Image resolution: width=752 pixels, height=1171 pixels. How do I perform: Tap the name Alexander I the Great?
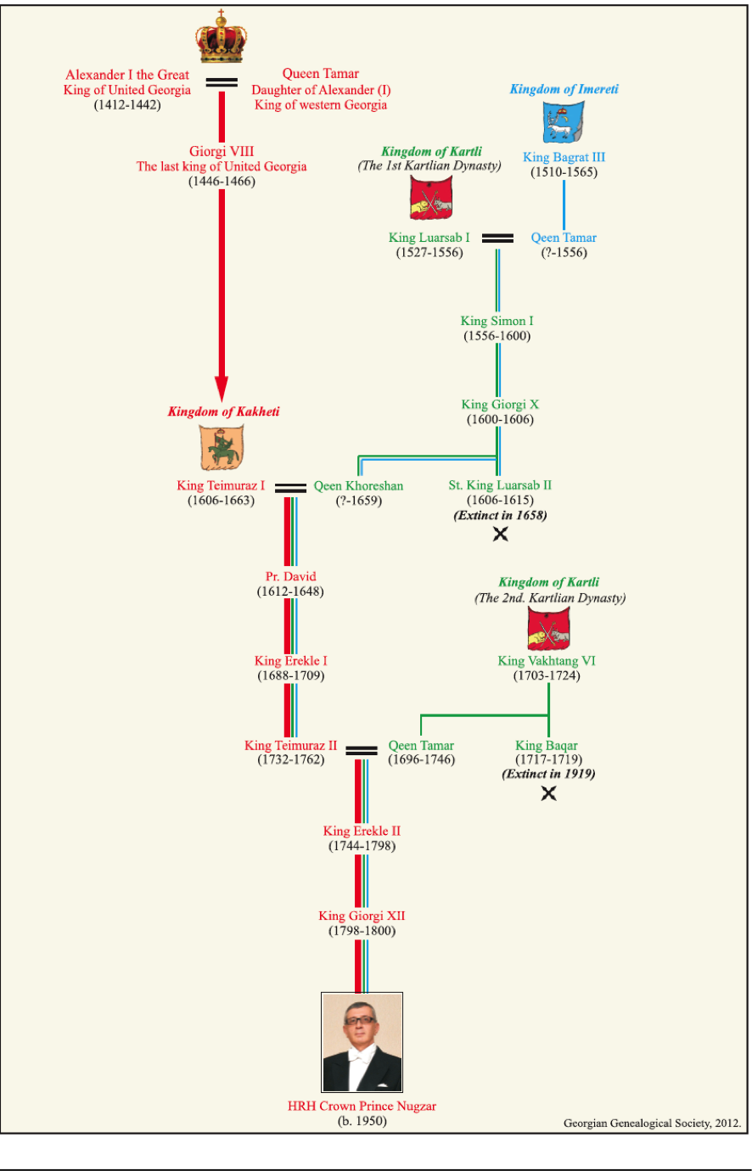click(127, 75)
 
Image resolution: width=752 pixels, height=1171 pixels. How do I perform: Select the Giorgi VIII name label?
click(222, 151)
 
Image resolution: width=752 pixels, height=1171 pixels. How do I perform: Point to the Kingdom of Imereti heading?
click(564, 89)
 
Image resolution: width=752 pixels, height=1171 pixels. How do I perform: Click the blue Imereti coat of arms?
click(564, 122)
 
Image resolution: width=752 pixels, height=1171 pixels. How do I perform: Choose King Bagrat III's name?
click(564, 157)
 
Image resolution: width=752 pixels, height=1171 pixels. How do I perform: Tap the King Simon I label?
click(497, 321)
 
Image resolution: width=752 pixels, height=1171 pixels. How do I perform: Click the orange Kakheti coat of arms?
click(222, 447)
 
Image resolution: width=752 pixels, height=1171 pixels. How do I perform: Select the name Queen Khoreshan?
click(358, 486)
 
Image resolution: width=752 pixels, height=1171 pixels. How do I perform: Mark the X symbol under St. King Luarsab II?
click(501, 534)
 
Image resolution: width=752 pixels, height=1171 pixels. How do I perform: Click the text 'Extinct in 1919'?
click(548, 774)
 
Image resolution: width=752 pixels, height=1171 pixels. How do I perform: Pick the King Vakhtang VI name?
click(547, 661)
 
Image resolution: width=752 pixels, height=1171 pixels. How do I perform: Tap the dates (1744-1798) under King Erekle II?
click(362, 846)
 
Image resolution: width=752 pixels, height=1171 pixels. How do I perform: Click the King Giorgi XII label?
click(362, 916)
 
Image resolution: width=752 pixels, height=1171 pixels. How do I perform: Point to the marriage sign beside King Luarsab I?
click(497, 238)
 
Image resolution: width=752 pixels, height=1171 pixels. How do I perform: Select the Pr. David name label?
click(290, 576)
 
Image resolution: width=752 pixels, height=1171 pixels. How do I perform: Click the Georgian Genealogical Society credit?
click(652, 1123)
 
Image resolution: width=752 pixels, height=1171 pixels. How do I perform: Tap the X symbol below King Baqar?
click(549, 793)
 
